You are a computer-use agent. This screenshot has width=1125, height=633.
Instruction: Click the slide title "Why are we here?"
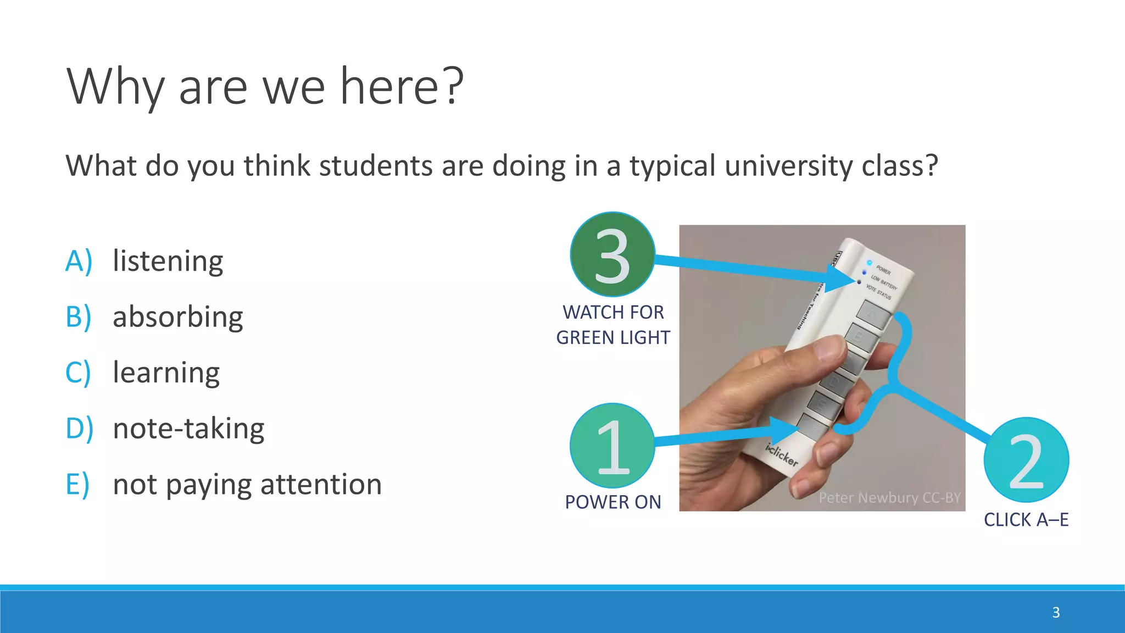coord(265,86)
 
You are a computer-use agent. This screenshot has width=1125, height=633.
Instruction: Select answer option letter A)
coord(78,260)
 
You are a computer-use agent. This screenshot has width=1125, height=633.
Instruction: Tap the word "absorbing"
coord(177,317)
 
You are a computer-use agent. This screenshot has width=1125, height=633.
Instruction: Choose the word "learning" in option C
coord(166,373)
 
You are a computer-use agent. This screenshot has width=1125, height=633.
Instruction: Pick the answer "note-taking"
coord(188,429)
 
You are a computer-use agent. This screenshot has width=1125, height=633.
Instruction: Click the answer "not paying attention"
coord(247,485)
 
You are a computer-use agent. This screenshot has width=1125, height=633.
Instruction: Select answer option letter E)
coord(77,485)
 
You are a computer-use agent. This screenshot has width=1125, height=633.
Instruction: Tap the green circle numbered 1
coord(612,446)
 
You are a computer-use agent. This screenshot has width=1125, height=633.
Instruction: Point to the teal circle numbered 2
coord(1026,460)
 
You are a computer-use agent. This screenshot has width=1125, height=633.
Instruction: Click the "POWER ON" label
coord(613,502)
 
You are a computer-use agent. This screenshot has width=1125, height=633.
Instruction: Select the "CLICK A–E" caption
coord(1026,520)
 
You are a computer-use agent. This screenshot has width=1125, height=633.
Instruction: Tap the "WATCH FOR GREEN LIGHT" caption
coord(613,325)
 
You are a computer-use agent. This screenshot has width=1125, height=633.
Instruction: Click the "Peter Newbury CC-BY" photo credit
coord(889,498)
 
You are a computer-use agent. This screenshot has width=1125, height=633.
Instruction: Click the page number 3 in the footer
coord(1056,613)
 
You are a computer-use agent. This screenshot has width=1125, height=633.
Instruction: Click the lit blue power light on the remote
coord(869,263)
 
